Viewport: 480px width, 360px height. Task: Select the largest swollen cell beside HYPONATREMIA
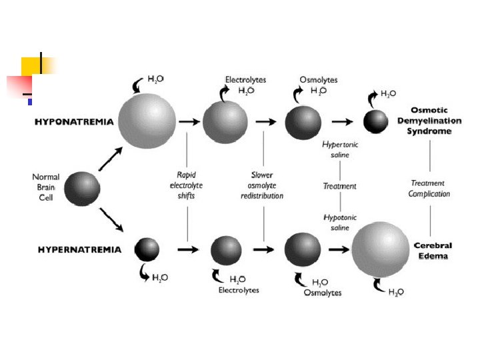point(147,122)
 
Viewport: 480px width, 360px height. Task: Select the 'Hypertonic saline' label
point(339,149)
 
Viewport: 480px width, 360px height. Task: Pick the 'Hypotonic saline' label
point(339,223)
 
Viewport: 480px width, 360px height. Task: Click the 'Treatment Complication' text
point(429,188)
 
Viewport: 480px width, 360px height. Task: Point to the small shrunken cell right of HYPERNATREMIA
point(147,249)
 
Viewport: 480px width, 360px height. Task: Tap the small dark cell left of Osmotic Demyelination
point(375,121)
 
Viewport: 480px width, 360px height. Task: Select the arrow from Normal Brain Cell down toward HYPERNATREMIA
point(111,219)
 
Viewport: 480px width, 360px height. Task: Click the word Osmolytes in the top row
point(319,80)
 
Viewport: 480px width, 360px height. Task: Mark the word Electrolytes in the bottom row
point(239,290)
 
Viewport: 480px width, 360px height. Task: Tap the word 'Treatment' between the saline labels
point(339,186)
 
